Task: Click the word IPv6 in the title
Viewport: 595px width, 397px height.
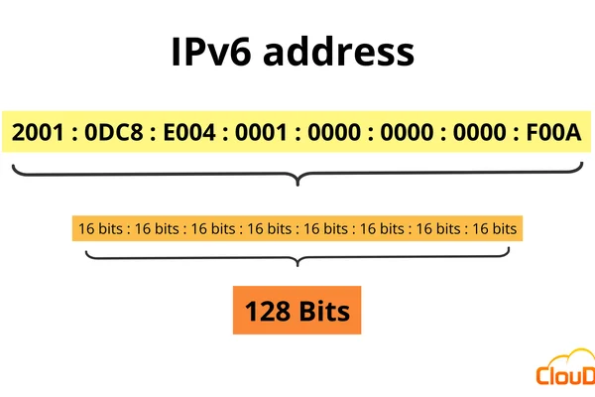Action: tap(211, 52)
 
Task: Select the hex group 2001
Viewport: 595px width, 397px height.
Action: tap(38, 132)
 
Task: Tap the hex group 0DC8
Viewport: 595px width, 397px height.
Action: tap(114, 132)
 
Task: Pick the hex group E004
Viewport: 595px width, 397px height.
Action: tap(189, 132)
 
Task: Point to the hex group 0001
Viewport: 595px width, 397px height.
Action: tap(262, 132)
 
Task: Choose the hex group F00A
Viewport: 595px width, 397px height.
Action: tap(553, 132)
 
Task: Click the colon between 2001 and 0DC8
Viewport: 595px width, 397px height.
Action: tap(74, 133)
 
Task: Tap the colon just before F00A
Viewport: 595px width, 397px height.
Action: tap(516, 133)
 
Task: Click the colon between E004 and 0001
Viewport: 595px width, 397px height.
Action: tap(226, 133)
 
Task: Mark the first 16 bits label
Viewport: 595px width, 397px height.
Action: tap(100, 228)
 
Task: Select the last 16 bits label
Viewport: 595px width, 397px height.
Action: tap(495, 228)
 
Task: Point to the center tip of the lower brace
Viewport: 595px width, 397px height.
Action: tap(297, 266)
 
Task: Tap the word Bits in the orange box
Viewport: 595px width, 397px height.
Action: tap(324, 311)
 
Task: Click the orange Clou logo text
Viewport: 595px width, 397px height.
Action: tap(565, 375)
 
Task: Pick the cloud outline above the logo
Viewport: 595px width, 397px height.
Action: tap(572, 355)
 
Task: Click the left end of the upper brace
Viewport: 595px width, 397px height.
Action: tap(13, 166)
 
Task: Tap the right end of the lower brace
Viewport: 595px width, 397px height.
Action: tap(509, 248)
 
